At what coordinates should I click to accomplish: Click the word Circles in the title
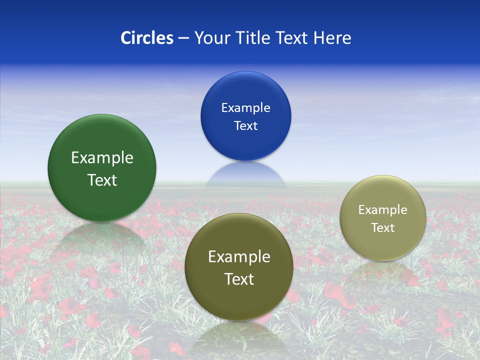click(x=147, y=38)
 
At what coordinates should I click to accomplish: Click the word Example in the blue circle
click(x=245, y=107)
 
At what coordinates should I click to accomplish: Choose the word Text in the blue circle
click(x=245, y=125)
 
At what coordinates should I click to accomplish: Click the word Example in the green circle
click(x=102, y=158)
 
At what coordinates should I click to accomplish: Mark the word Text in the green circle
click(x=102, y=180)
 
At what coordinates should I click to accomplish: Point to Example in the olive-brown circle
click(x=239, y=257)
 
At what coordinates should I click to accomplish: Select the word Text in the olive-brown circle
click(x=239, y=279)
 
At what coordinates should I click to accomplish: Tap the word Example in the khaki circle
click(x=383, y=210)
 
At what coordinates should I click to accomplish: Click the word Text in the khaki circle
click(x=383, y=228)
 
